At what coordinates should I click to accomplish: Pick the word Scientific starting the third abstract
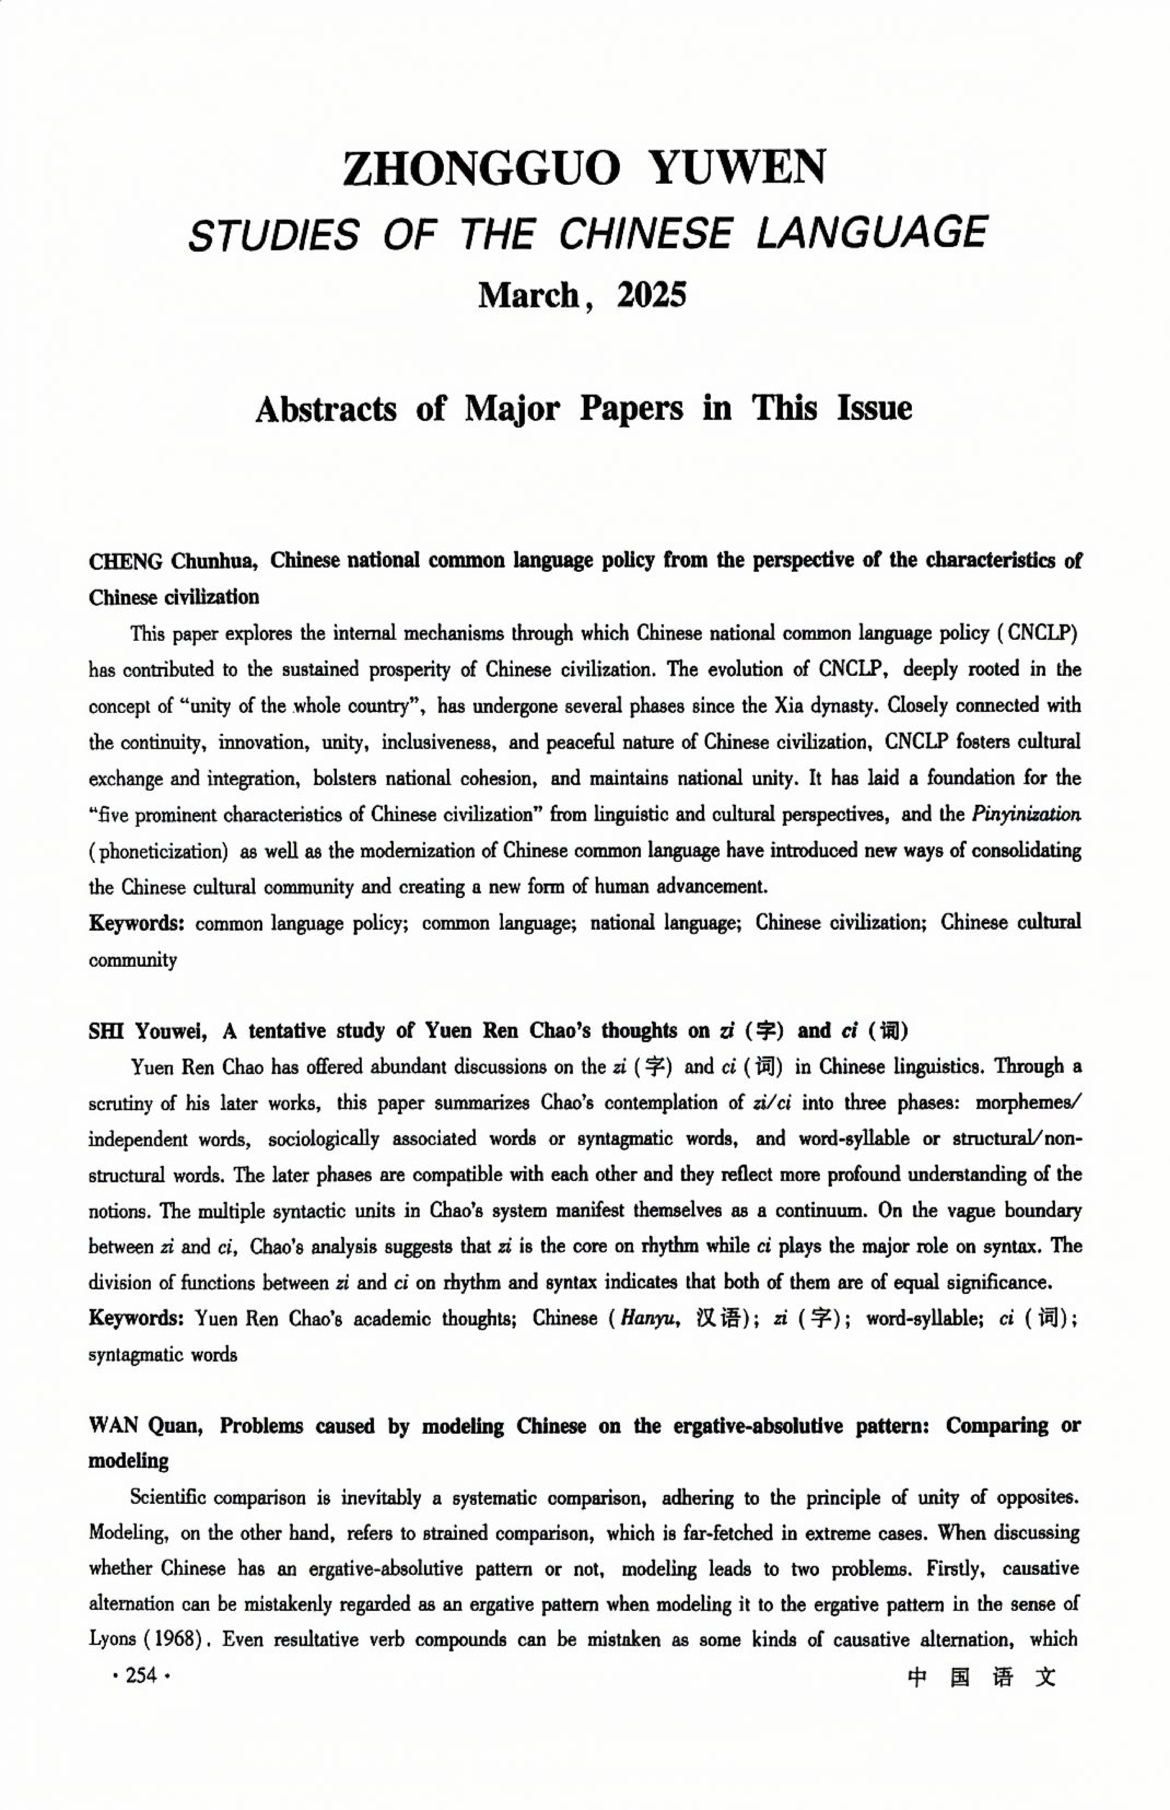tap(165, 1498)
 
